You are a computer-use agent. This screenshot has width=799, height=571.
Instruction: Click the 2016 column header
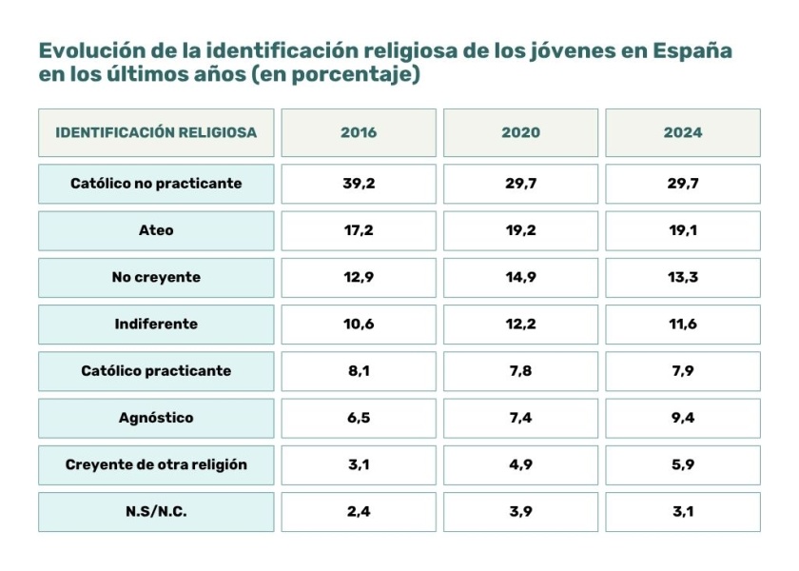coord(359,132)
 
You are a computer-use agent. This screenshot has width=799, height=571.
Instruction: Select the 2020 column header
coord(520,132)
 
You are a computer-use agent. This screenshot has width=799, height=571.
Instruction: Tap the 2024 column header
coord(683,132)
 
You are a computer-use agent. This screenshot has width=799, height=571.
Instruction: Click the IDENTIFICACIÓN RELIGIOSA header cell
coord(156,132)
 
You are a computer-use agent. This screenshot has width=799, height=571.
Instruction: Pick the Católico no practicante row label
coord(156,184)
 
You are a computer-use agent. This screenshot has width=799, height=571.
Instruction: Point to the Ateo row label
coord(156,230)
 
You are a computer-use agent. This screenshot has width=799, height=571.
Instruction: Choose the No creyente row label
coord(156,277)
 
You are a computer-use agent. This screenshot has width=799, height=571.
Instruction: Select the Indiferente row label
coord(156,324)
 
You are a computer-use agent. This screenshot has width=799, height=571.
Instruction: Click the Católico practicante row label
coord(156,371)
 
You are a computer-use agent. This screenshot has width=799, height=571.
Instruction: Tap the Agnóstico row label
coord(156,418)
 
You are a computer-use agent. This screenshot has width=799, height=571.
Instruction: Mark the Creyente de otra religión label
coord(156,464)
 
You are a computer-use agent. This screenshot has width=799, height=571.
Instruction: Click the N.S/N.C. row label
coord(156,511)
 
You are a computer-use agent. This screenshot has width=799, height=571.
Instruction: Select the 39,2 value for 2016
coord(359,184)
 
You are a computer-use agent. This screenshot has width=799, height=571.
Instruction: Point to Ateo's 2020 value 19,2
coord(520,230)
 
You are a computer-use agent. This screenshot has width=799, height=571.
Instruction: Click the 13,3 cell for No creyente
coord(683,277)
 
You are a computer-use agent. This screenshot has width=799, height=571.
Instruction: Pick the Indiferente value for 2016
coord(359,324)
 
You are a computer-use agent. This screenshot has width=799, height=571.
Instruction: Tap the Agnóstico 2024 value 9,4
coord(683,418)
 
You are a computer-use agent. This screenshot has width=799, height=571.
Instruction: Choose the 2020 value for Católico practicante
coord(520,371)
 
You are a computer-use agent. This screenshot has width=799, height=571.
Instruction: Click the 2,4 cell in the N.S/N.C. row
coord(359,511)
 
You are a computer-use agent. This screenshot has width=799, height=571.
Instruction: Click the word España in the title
coord(692,51)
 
